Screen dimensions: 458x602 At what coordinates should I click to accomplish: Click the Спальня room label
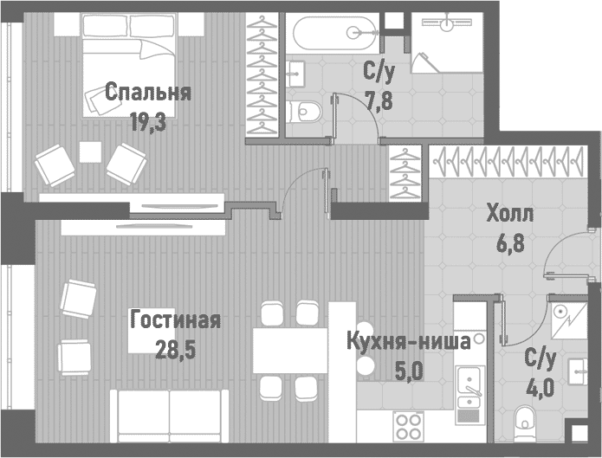pos(147,92)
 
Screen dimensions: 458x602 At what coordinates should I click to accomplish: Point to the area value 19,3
pos(147,122)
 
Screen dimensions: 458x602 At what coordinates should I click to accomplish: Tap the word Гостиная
pos(175,320)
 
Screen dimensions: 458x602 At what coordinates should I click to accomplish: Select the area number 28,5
pos(175,351)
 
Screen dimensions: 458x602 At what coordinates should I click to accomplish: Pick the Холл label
pos(510,214)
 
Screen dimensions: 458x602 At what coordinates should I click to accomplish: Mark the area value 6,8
pos(510,243)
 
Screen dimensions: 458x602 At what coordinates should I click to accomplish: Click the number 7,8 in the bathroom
pos(378,101)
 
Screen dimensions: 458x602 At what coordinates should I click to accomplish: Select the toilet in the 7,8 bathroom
pos(306,111)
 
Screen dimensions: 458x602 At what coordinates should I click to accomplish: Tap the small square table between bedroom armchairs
pos(90,152)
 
